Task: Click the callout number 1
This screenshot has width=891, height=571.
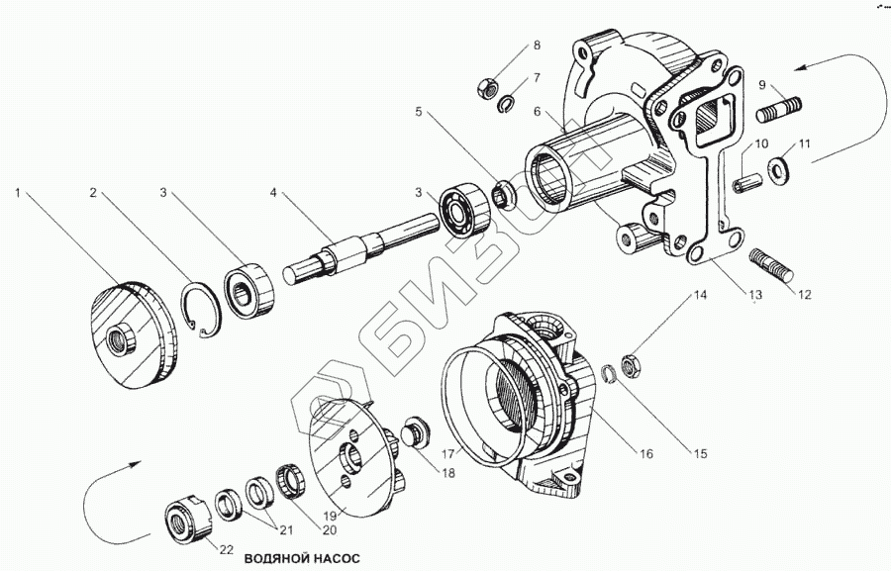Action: pyautogui.click(x=18, y=192)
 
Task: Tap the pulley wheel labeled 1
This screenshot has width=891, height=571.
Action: pyautogui.click(x=133, y=336)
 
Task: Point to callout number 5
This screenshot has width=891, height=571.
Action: pyautogui.click(x=419, y=112)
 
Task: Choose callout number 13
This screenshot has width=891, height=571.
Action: pyautogui.click(x=755, y=295)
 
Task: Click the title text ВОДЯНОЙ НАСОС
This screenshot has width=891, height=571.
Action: pyautogui.click(x=305, y=558)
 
